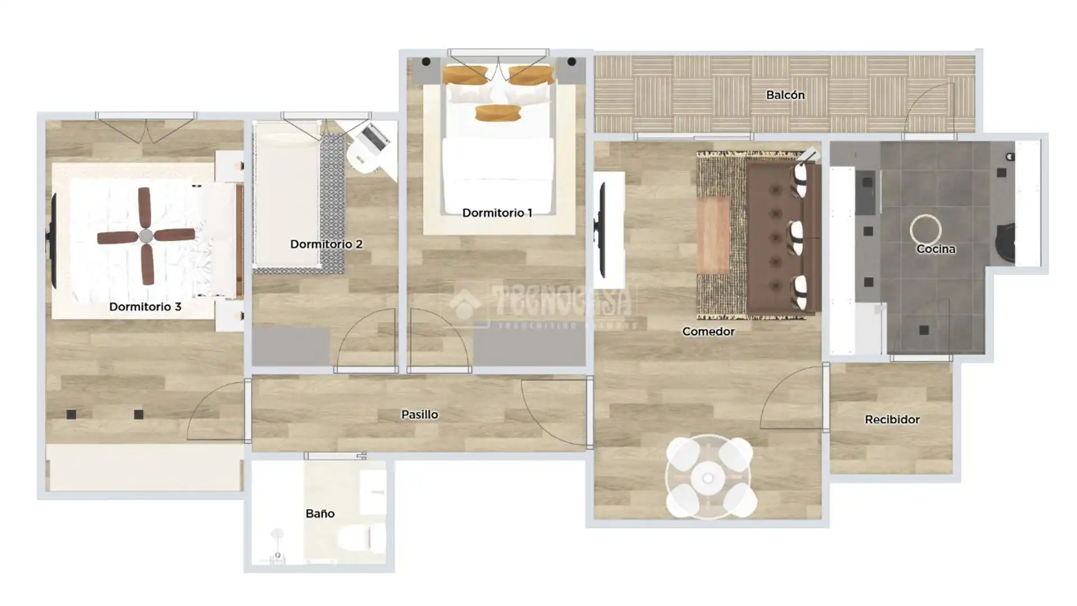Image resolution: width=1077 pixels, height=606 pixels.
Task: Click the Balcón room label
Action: coord(785,95)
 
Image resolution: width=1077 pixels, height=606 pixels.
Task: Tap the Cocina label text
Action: coord(936,249)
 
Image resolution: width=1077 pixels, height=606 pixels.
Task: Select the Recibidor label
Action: coord(892,420)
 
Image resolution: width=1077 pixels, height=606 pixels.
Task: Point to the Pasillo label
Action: coord(419,415)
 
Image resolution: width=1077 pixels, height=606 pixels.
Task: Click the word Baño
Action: coord(320,513)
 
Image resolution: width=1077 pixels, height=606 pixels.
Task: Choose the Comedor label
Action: coord(708,332)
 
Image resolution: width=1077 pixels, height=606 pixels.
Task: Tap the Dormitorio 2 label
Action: coord(326,244)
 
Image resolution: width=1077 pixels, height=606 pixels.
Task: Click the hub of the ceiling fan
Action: coord(146,236)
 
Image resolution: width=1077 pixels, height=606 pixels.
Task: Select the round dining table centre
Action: coord(708,478)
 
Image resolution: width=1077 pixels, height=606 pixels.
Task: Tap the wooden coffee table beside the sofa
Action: coord(713,236)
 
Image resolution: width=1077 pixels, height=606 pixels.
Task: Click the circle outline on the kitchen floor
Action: coord(925,229)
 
